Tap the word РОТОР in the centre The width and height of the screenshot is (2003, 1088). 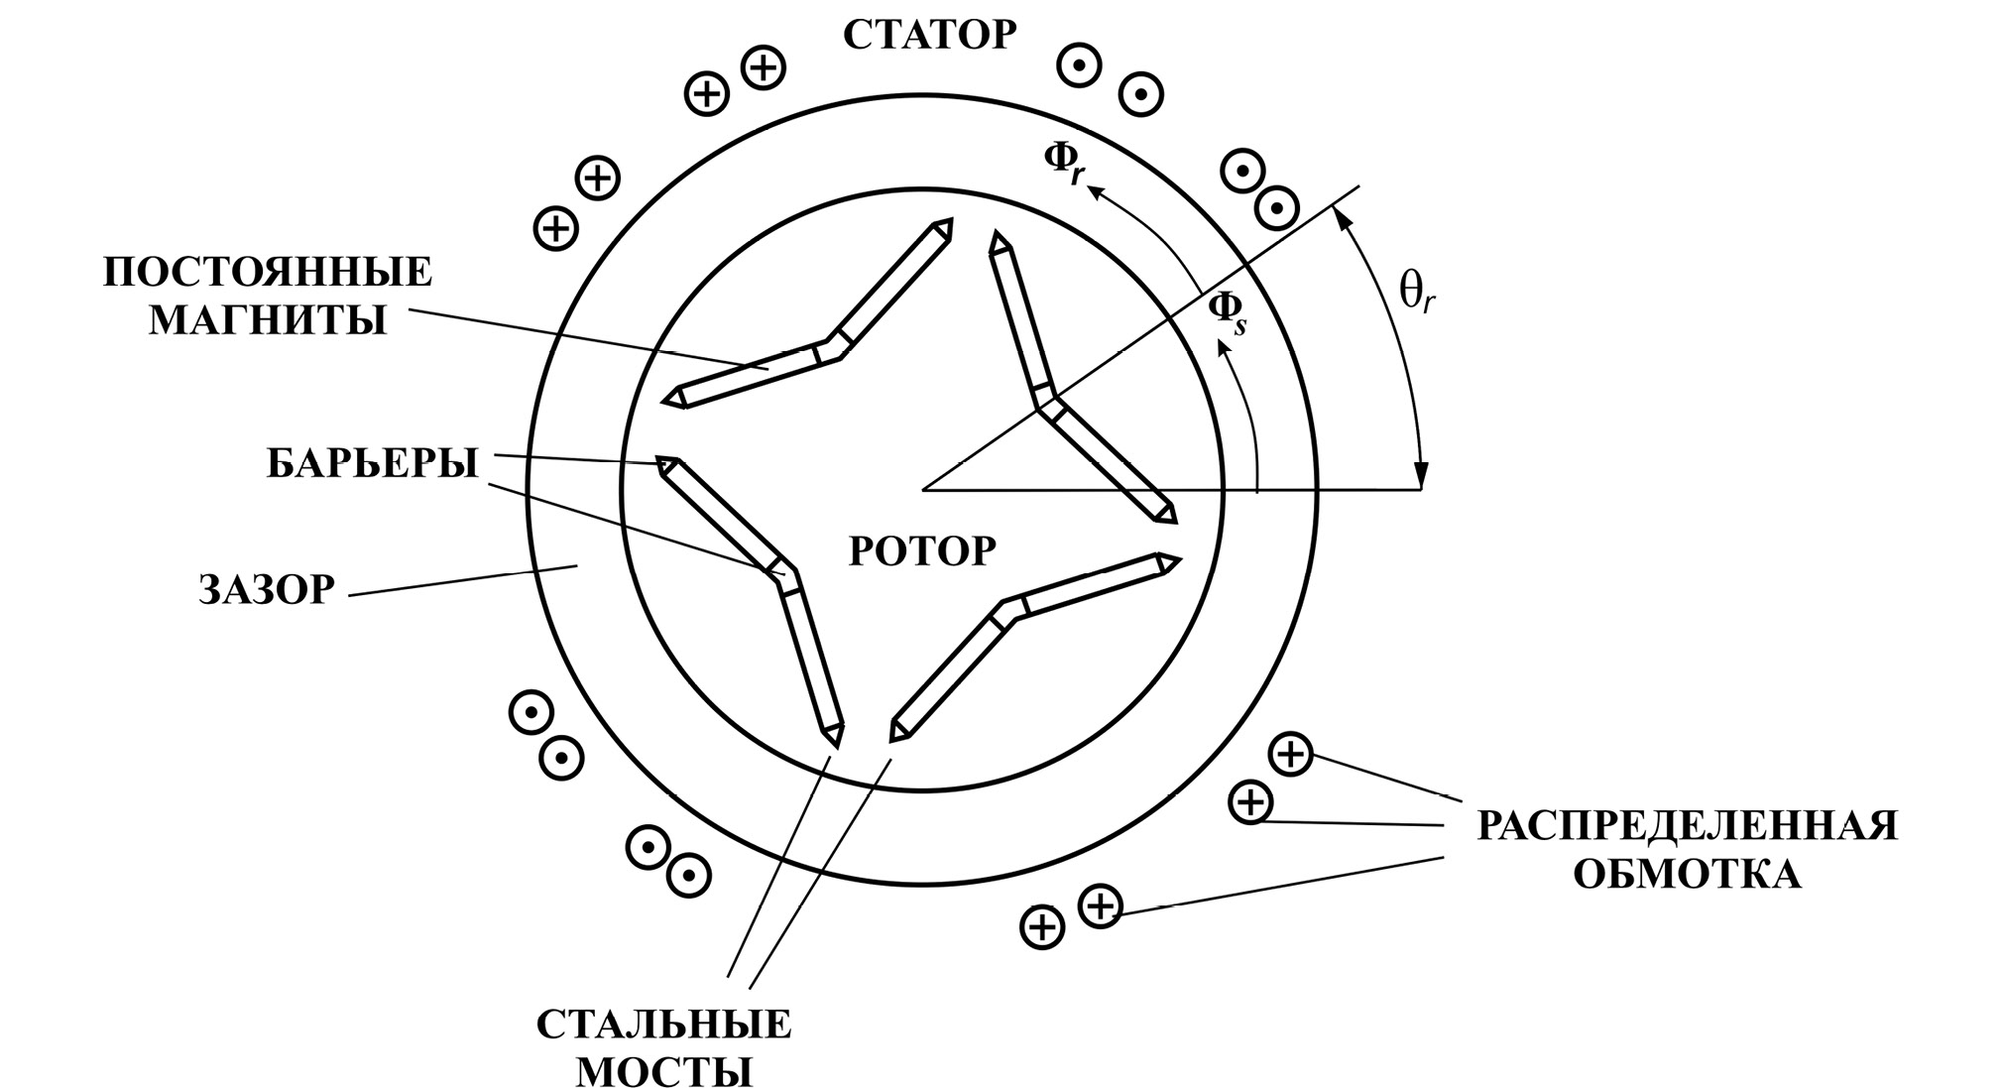(x=922, y=550)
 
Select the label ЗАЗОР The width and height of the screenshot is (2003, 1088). (x=267, y=590)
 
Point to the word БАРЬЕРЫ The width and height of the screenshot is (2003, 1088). (x=372, y=463)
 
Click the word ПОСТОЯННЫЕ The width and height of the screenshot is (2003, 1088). (x=268, y=273)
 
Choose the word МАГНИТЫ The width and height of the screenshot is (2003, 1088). (x=268, y=320)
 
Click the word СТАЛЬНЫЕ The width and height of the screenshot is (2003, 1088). (x=664, y=1025)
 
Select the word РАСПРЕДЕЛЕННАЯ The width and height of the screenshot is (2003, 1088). (x=1687, y=826)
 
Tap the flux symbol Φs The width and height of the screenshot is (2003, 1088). (x=1227, y=312)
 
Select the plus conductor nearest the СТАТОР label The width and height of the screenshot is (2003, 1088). (x=764, y=68)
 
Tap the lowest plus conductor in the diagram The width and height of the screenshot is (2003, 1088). (x=1041, y=928)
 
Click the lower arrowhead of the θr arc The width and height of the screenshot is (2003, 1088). (x=1422, y=477)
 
